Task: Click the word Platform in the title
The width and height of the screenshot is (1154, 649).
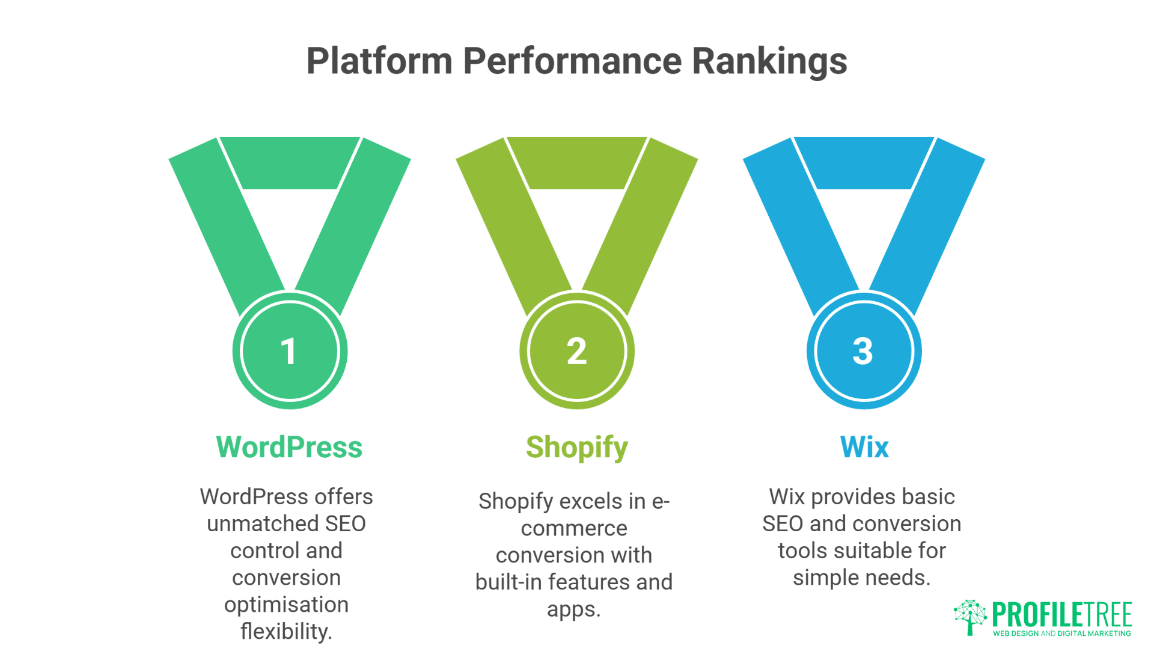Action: click(379, 61)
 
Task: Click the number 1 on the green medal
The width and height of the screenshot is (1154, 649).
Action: click(289, 352)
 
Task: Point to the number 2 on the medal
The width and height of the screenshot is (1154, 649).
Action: click(576, 352)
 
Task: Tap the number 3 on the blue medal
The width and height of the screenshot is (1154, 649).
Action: click(863, 352)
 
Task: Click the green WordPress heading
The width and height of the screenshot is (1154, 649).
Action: click(289, 447)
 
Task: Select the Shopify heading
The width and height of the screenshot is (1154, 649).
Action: click(576, 447)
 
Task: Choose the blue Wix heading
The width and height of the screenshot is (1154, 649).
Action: click(864, 447)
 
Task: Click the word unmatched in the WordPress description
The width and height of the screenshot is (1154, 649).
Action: click(263, 523)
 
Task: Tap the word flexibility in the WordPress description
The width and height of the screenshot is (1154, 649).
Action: click(286, 631)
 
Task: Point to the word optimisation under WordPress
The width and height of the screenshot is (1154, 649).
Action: click(286, 605)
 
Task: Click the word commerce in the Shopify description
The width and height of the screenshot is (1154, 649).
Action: click(574, 528)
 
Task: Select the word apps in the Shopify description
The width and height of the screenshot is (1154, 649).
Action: click(573, 609)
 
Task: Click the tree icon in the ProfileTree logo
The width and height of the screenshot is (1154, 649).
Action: click(969, 617)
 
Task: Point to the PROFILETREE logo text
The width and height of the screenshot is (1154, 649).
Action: click(1062, 614)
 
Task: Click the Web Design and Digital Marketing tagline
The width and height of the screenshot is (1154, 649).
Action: click(1062, 633)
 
